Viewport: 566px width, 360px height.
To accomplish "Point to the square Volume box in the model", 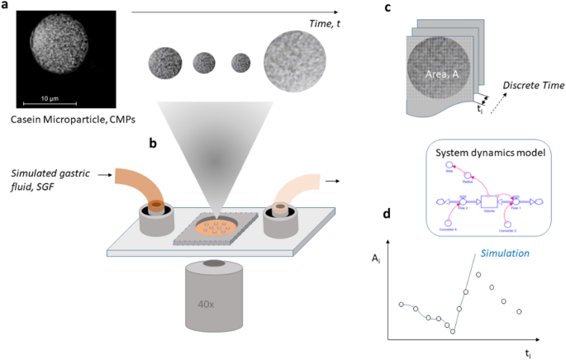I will [x=487, y=201].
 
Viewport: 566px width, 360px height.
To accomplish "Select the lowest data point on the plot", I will [x=453, y=330].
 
